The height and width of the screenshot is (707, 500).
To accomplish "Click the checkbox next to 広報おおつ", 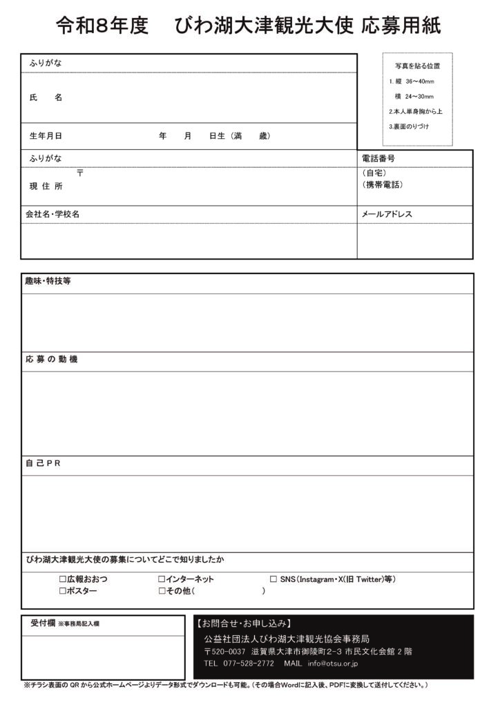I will coord(63,579).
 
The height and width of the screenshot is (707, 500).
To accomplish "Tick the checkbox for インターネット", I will coord(162,579).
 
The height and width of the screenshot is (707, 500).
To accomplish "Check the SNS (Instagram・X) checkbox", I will coord(273,579).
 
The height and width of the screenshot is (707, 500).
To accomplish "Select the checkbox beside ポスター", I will coord(63,591).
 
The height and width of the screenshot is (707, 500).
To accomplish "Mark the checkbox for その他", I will coord(162,591).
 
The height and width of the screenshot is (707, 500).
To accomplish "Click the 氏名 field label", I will coord(46,98).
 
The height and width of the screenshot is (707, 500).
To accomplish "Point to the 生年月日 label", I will coord(46,136).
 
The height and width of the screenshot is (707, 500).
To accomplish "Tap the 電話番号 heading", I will coord(378,158).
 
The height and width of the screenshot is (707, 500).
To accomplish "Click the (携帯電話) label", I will coord(383,185).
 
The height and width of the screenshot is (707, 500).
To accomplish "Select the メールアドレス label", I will coord(387,214).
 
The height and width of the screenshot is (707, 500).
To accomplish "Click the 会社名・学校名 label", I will coord(52,214).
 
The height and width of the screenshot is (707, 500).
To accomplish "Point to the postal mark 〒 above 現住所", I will coord(80,173).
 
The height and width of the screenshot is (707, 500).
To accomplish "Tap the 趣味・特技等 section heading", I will coord(48,281).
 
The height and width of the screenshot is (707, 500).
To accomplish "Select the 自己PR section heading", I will coord(44,463).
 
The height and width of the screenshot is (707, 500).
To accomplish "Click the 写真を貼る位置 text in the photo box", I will coord(417,66).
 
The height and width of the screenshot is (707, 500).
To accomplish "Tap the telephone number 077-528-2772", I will coord(249,664).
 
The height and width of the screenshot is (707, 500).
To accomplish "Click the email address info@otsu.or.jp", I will coord(333,664).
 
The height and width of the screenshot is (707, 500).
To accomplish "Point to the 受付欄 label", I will coord(43,623).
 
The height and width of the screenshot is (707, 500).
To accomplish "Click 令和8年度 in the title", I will coord(102,26).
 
